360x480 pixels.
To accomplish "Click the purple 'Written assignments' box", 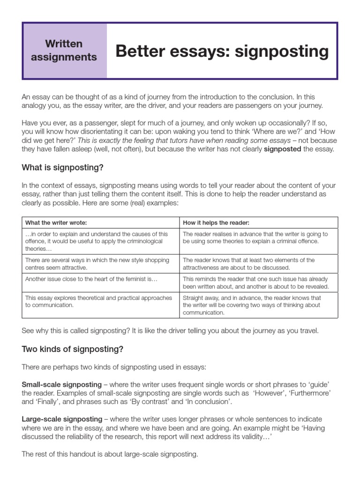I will coord(64,51).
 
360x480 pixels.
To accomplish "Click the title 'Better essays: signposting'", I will coord(222,51).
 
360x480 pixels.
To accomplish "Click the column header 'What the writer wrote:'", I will coord(56,222).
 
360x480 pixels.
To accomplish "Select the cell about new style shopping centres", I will coord(97,263).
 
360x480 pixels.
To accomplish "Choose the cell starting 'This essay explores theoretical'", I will coord(98,301).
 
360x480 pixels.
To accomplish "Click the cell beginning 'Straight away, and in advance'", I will coord(252,305).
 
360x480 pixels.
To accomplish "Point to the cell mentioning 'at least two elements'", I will coord(248,263).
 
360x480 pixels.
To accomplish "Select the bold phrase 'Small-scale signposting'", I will coord(61,385).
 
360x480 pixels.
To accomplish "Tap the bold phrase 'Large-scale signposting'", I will coord(62,419).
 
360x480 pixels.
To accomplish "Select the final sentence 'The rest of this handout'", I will coord(110,454).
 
